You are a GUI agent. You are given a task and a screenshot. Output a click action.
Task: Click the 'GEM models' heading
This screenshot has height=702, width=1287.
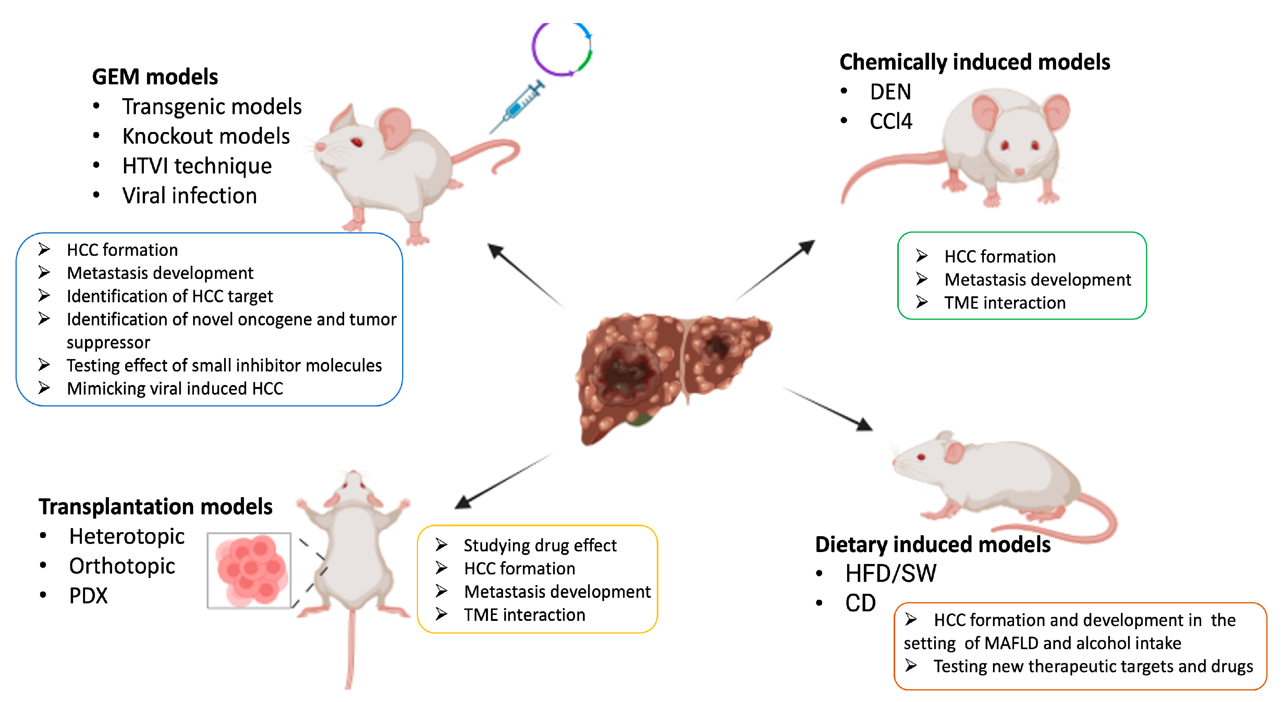click(x=155, y=77)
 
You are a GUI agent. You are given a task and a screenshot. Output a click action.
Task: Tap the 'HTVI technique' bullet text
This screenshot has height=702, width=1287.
click(x=197, y=166)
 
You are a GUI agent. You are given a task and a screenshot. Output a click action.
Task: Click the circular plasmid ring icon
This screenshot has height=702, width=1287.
click(x=561, y=49)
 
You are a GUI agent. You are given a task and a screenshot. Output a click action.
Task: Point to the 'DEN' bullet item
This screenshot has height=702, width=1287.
click(x=890, y=92)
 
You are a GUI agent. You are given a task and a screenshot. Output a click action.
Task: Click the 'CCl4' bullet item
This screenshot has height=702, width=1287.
click(x=890, y=121)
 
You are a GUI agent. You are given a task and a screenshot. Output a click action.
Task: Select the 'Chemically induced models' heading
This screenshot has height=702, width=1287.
click(x=974, y=62)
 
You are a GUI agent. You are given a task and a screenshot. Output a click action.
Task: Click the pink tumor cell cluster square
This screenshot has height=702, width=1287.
click(x=249, y=570)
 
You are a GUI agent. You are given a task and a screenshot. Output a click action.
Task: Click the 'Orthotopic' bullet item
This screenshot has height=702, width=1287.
click(x=122, y=566)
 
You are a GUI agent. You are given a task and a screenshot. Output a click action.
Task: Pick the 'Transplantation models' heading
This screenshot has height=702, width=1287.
click(x=155, y=507)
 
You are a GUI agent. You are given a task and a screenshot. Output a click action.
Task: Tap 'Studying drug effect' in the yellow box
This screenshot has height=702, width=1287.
click(x=540, y=546)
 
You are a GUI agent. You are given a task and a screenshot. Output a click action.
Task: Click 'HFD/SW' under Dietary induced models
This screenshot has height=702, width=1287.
click(x=890, y=574)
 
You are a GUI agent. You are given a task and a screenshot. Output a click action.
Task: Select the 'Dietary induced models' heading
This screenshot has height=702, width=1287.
click(x=932, y=544)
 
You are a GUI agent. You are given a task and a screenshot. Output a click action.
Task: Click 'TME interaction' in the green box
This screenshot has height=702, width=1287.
click(x=1004, y=303)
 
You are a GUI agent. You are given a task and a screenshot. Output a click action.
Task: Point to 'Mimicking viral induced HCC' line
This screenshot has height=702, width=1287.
click(x=175, y=389)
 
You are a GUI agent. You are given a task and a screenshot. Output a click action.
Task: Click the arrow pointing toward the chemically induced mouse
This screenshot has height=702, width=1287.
click(x=777, y=270)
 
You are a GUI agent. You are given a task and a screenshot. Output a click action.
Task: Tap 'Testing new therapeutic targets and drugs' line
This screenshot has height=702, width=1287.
click(x=1093, y=667)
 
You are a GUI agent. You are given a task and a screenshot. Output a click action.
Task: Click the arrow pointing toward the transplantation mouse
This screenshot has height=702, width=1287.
click(x=502, y=481)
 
